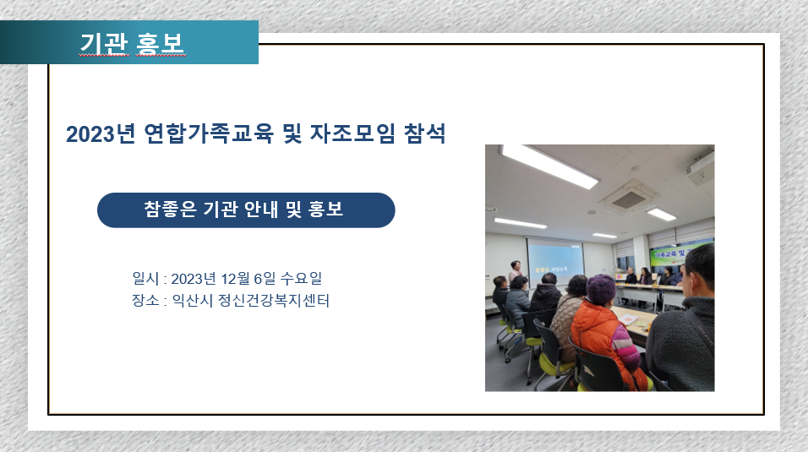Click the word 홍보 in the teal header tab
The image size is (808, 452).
(x=160, y=43)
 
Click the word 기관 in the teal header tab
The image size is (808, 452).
(x=105, y=43)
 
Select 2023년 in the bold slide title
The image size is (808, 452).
(x=101, y=134)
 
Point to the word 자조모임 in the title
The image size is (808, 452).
(x=353, y=133)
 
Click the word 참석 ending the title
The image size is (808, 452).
(x=424, y=133)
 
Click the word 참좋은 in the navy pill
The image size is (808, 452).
(x=170, y=210)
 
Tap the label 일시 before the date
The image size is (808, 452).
(x=146, y=278)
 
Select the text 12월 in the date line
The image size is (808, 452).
(x=236, y=278)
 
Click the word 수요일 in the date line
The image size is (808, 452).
(x=301, y=278)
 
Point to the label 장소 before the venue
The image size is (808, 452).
(x=146, y=300)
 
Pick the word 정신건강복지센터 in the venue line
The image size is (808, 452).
(x=274, y=300)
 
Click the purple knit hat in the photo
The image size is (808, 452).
(x=601, y=289)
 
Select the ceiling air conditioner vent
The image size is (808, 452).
(x=629, y=199)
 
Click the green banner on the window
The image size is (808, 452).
(x=676, y=253)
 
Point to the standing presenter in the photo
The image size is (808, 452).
(x=516, y=270)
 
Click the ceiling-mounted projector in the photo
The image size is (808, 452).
(x=701, y=168)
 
